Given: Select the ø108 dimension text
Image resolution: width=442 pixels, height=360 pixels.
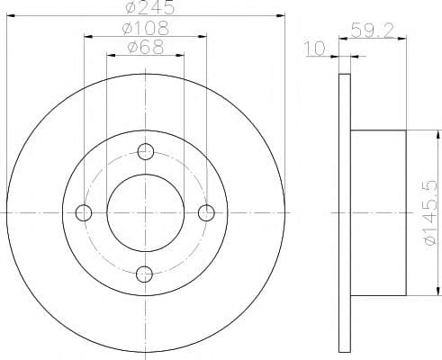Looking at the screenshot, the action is point(146,28).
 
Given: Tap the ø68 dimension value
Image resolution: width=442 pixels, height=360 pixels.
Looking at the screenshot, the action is point(146,47).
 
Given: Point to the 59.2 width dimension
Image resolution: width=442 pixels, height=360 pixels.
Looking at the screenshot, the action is point(372,30).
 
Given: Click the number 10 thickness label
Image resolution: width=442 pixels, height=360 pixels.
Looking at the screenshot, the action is point(315,48).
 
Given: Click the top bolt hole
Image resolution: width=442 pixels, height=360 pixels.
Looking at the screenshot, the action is point(146,151).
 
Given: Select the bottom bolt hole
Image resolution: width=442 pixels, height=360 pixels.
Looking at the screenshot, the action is point(144,274).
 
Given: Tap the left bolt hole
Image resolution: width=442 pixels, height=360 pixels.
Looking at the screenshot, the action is point(84,212).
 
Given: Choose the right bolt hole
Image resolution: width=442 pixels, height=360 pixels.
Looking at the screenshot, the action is point(206,212).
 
